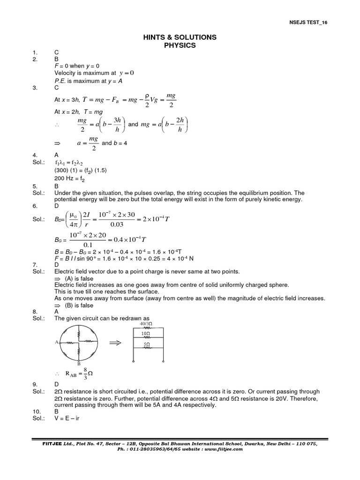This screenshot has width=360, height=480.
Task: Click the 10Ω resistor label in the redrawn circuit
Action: point(147,334)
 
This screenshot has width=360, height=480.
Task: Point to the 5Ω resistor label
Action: point(147,344)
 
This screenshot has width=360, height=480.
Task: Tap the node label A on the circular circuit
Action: point(57,343)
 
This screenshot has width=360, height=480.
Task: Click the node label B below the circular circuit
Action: point(79,364)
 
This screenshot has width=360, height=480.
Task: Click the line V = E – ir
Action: point(68,418)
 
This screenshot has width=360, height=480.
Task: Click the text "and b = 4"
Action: point(114,143)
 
